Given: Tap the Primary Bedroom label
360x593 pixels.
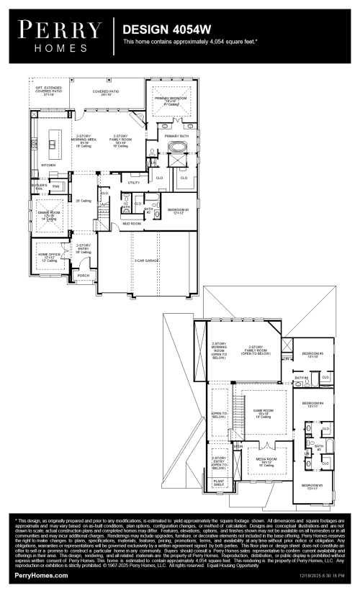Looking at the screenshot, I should tap(171, 100).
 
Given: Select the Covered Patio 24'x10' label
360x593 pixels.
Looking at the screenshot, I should tap(106, 93).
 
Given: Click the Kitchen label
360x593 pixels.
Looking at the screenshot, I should tap(48, 165).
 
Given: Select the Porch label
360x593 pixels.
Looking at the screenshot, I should tap(84, 275).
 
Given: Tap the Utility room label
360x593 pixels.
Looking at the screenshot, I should tap(134, 183).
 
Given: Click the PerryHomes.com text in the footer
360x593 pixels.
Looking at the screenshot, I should tap(42, 576).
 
